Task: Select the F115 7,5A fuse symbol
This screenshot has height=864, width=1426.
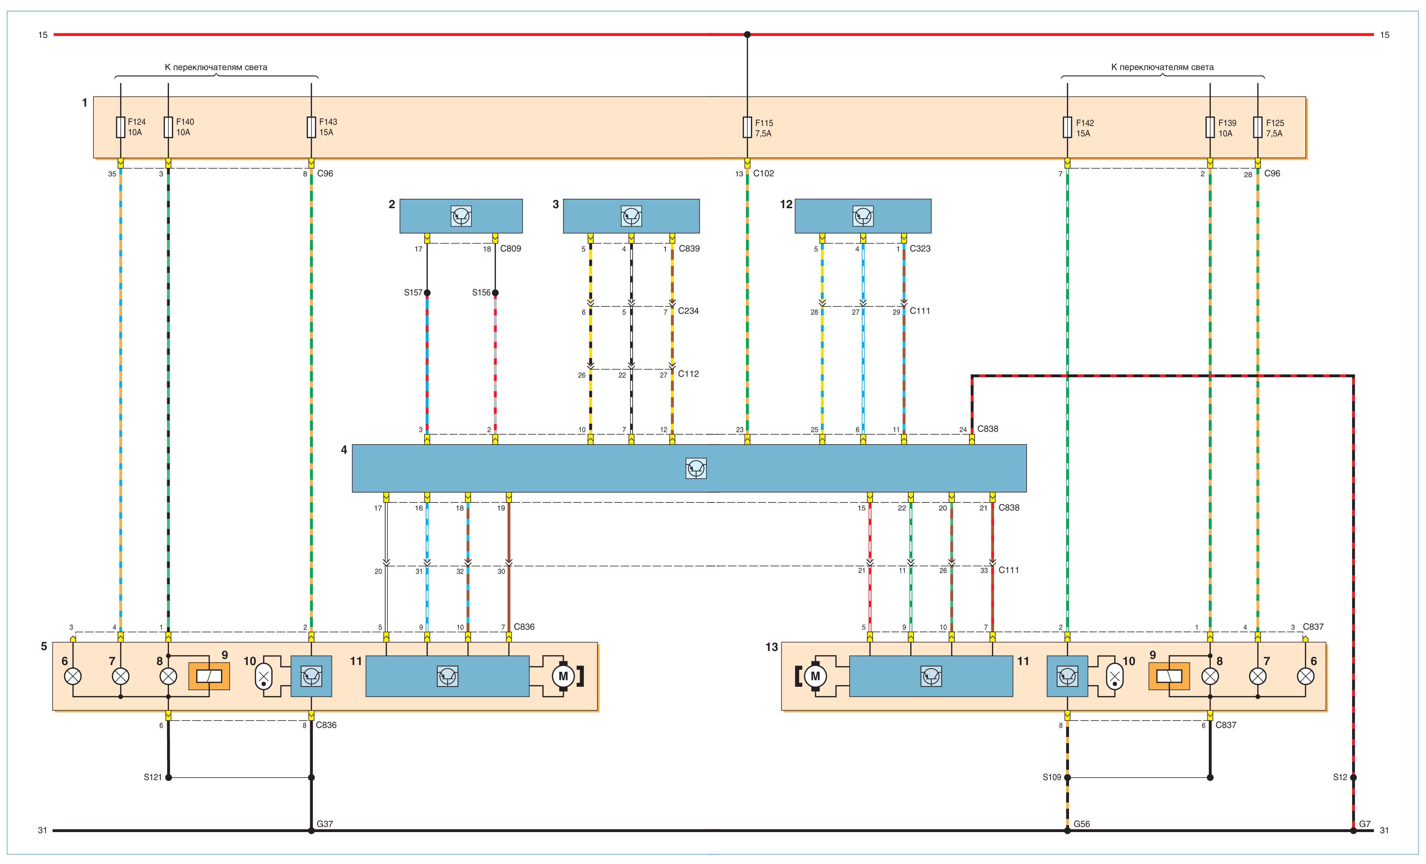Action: point(747,127)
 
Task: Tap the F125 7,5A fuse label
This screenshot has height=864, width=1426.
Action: point(1274,128)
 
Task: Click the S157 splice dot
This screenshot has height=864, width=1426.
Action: point(427,293)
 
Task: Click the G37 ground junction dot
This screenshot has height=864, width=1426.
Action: point(311,830)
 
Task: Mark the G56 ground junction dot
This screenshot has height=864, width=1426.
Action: point(1067,830)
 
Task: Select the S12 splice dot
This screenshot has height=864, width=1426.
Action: point(1353,777)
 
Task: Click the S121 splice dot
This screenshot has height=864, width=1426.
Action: point(168,777)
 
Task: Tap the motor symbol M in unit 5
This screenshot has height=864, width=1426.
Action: point(563,676)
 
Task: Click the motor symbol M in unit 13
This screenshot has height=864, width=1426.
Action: point(815,676)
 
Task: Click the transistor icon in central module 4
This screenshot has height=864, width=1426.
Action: point(696,468)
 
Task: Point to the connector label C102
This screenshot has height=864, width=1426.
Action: point(763,173)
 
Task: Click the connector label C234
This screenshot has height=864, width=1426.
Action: point(688,311)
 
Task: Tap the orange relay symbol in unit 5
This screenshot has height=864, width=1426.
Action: point(209,676)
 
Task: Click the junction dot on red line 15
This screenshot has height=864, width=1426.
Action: point(747,35)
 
